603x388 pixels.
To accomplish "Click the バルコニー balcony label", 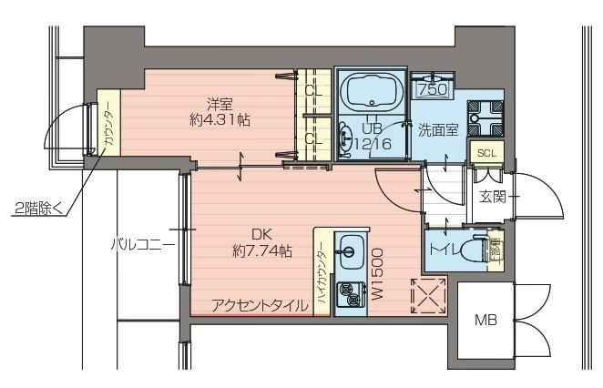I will (143, 244).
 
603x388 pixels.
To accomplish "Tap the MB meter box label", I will (485, 321).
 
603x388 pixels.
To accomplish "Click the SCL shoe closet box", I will (485, 153).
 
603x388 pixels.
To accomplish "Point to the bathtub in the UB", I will (372, 93).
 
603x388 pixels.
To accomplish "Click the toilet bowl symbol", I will (474, 250).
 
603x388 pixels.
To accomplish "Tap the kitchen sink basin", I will (349, 252).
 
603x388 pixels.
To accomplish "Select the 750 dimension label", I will (431, 89).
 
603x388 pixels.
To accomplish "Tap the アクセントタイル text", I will (260, 306).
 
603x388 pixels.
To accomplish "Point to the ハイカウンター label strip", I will (322, 271).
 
